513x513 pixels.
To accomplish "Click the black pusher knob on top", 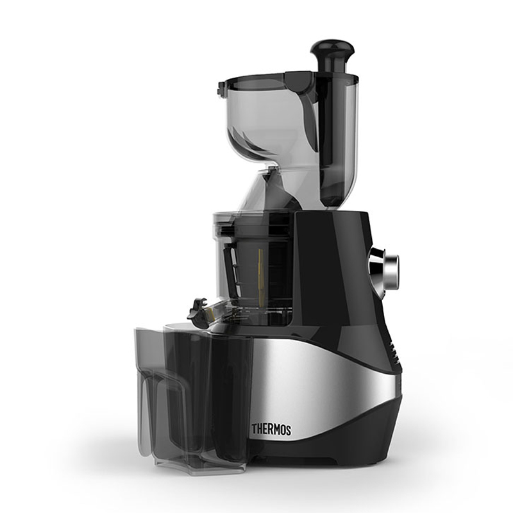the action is pyautogui.click(x=332, y=53).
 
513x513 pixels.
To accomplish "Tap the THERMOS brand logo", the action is pyautogui.click(x=271, y=429).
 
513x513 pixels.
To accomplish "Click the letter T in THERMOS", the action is pyautogui.click(x=254, y=428).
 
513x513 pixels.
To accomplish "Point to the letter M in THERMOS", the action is pyautogui.click(x=275, y=430).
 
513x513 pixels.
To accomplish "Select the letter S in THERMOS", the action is pyautogui.click(x=288, y=430).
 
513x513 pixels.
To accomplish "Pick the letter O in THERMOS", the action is pyautogui.click(x=282, y=430).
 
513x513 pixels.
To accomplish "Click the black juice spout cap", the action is pyautogui.click(x=197, y=309).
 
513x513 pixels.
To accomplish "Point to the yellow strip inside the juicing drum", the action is pyautogui.click(x=261, y=278).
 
